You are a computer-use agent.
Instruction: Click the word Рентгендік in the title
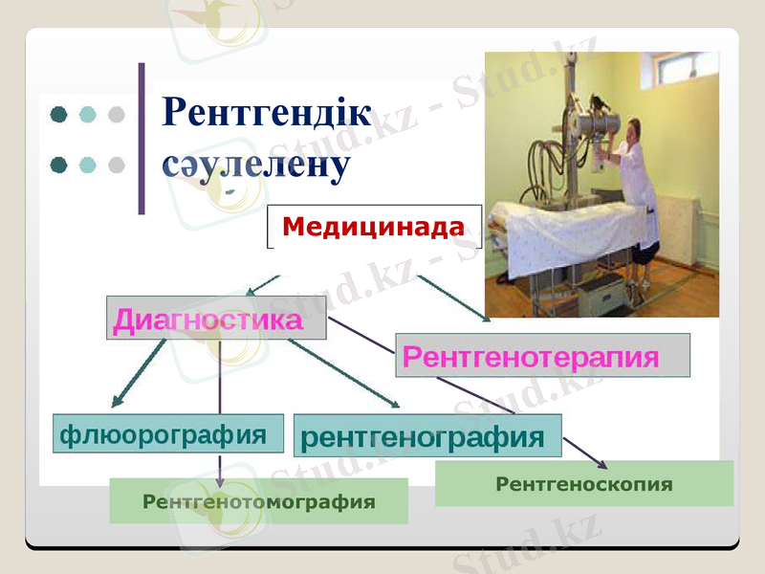[267, 112]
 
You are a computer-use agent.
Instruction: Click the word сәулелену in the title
[255, 164]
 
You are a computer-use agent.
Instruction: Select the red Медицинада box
[373, 227]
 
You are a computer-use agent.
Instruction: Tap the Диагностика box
[215, 320]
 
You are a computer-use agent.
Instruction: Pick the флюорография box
[168, 433]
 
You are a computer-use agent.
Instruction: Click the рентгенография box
[426, 436]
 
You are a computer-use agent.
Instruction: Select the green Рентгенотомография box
[258, 501]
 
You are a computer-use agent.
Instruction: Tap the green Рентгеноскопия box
[583, 484]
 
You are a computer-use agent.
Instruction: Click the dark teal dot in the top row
[58, 115]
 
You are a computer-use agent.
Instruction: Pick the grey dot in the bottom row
[117, 165]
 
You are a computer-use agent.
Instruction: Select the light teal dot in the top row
[88, 115]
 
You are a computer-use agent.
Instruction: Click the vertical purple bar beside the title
[142, 139]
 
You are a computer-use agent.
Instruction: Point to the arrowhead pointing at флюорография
[117, 402]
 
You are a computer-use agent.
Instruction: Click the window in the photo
[685, 67]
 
